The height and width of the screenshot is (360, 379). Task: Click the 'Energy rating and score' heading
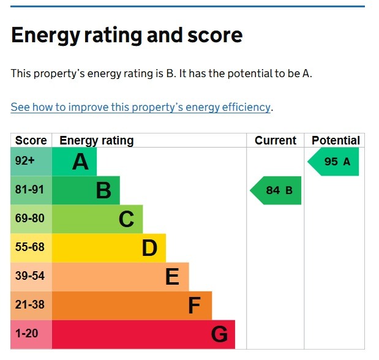coord(127,35)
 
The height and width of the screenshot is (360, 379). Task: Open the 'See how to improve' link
coord(140,107)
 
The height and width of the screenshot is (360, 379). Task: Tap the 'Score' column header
coord(31,140)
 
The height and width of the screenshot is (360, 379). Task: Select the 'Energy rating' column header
coord(96,140)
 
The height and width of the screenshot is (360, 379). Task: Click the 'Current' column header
coord(276,140)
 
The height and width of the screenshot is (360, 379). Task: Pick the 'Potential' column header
coord(336,140)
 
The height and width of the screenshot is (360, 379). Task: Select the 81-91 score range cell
coord(30,190)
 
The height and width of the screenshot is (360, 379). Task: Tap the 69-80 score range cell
coord(30,219)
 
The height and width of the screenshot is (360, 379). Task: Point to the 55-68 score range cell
coord(30,247)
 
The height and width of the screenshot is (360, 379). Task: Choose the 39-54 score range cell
coord(30,276)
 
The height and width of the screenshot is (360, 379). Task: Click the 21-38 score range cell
coord(30,305)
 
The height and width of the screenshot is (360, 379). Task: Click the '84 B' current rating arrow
coord(277,190)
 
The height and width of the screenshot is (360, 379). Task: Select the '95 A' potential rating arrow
coord(334,162)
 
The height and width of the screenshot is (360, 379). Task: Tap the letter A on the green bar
coord(80,162)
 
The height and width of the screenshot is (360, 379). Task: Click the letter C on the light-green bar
coord(126,219)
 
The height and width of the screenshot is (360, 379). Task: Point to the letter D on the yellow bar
coord(149,248)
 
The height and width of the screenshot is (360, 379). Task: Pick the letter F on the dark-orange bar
coord(194,306)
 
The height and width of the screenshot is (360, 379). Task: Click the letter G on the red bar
coord(219,334)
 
